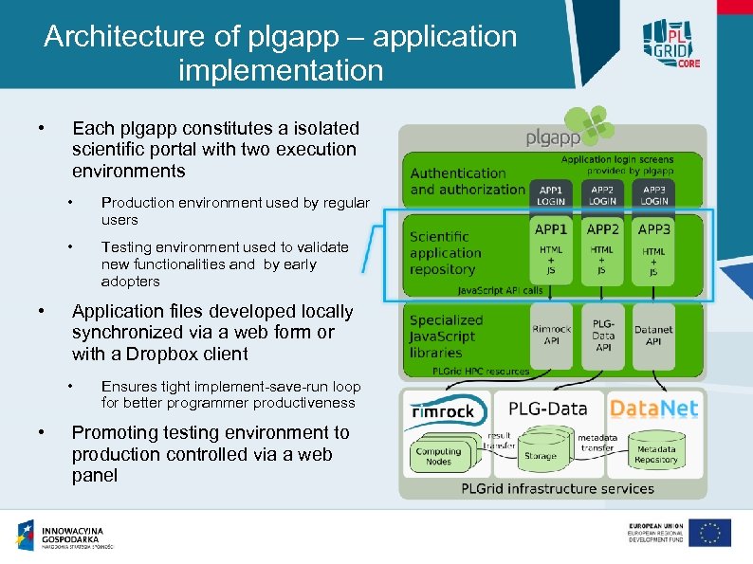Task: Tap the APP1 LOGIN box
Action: click(x=550, y=194)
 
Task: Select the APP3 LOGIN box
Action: click(x=653, y=194)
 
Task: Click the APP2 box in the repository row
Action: click(x=602, y=251)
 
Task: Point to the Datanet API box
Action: click(x=653, y=336)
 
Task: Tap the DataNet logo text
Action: click(x=653, y=409)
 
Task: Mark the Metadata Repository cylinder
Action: click(x=656, y=454)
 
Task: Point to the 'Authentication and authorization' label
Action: click(x=467, y=181)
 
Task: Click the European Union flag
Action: click(x=709, y=533)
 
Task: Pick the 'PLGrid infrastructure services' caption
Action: click(x=557, y=489)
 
